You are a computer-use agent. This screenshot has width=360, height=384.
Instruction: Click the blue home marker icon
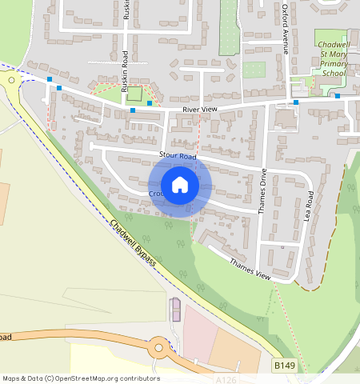180,185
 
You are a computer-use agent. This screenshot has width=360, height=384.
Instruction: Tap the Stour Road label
178,157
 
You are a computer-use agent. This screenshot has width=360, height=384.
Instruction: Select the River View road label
200,109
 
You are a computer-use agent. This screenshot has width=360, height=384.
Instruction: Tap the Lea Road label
310,206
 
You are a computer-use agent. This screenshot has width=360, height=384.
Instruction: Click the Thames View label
250,268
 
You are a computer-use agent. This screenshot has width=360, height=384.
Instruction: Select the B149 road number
284,365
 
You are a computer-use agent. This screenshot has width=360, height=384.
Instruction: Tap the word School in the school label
333,73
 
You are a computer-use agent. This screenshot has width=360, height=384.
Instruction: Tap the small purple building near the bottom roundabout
175,309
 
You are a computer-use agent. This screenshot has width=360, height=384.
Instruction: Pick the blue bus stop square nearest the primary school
337,96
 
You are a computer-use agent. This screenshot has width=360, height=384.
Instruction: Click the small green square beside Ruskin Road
135,94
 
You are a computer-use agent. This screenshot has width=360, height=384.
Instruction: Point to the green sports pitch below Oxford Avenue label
254,70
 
